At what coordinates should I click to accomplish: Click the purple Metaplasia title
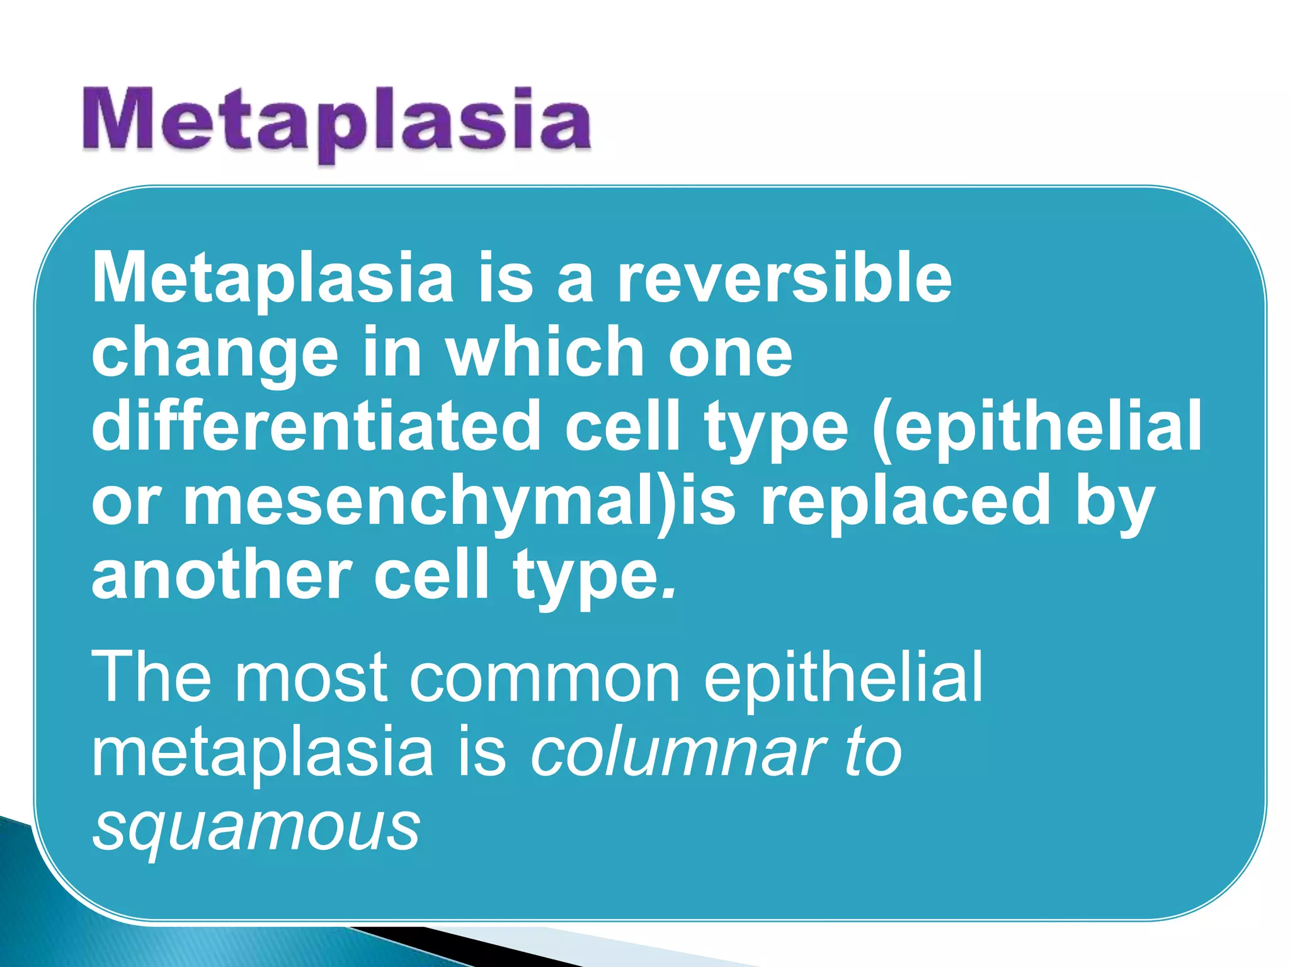[337, 121]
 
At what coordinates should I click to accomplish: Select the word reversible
[784, 278]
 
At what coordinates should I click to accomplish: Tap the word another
[221, 575]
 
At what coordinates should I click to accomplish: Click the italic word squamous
[256, 827]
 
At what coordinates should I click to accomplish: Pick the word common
[545, 678]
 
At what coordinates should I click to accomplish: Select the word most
[311, 678]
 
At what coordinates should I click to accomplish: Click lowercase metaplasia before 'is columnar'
[262, 752]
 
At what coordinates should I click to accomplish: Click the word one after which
[730, 353]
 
